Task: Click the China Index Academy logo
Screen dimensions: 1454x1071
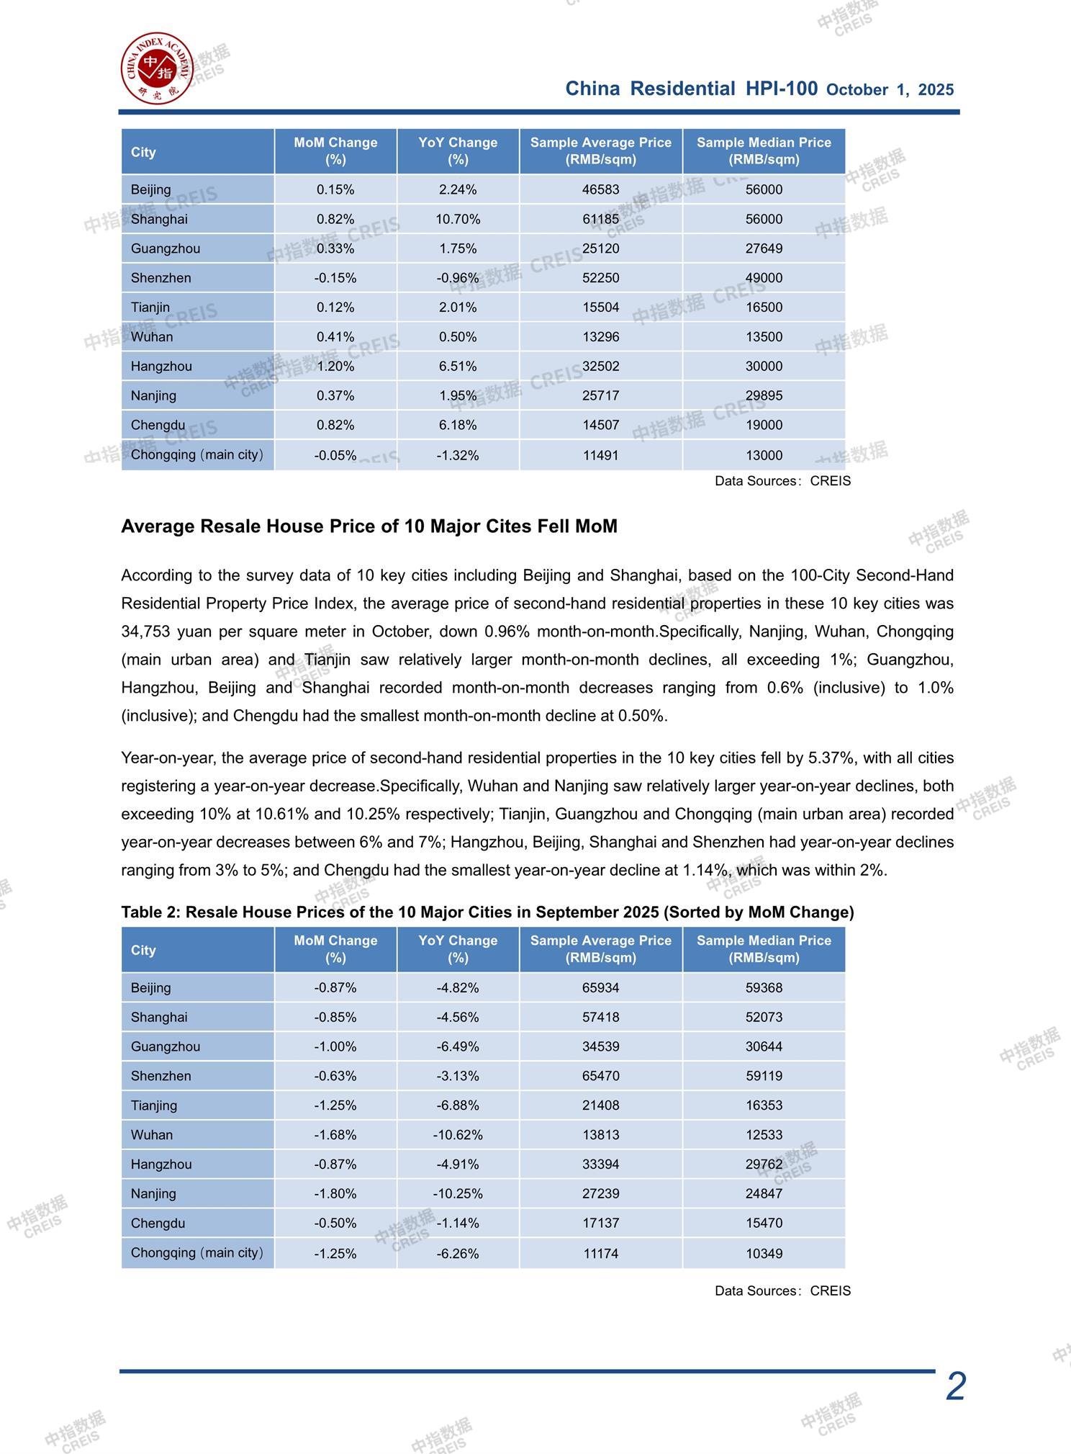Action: [x=156, y=68]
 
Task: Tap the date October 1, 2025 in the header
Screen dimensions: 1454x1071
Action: [x=890, y=90]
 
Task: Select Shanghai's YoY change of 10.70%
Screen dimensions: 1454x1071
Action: [x=458, y=219]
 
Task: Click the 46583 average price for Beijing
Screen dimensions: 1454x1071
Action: [x=600, y=189]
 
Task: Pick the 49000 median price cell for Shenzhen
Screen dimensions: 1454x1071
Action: [x=764, y=278]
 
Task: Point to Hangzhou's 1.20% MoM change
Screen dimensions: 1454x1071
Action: [x=335, y=366]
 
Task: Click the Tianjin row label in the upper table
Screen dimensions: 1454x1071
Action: [x=150, y=308]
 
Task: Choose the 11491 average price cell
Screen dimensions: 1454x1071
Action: [x=600, y=455]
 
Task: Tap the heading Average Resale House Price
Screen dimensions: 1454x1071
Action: [x=369, y=526]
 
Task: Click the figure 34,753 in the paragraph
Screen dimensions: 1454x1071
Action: [x=145, y=632]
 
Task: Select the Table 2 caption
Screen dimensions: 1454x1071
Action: [x=487, y=912]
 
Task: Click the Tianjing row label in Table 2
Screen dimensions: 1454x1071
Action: [x=154, y=1105]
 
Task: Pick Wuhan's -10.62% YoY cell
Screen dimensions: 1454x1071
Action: [x=458, y=1135]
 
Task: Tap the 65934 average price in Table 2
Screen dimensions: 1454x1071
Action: [x=600, y=987]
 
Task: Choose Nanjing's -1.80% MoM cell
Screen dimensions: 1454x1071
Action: [x=335, y=1193]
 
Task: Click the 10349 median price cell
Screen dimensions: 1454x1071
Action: [x=764, y=1253]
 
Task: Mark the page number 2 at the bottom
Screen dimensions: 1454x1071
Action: [x=955, y=1386]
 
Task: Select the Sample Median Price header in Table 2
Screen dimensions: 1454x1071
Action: [x=764, y=949]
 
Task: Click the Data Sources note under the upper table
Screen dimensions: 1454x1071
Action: [x=782, y=481]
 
